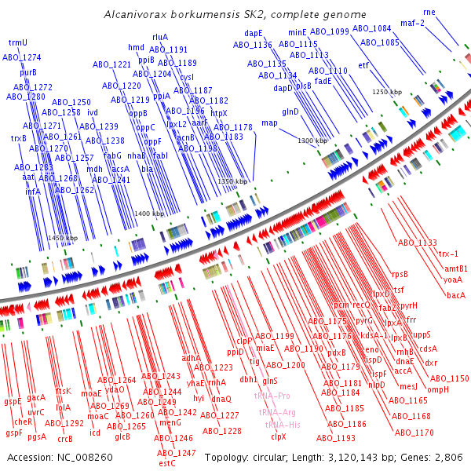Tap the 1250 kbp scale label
tap(386, 92)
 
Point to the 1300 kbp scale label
tap(312, 141)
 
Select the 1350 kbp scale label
tap(232, 181)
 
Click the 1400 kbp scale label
tap(148, 214)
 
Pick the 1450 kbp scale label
tap(63, 238)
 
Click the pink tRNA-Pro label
tap(272, 396)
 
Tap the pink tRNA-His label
tap(282, 425)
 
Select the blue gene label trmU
tap(17, 42)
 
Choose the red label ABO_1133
tap(417, 243)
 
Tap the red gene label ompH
tap(438, 389)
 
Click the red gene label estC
tap(166, 463)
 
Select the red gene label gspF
tap(14, 433)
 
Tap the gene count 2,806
tap(449, 457)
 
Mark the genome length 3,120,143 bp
tap(348, 457)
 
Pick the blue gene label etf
tap(363, 65)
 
